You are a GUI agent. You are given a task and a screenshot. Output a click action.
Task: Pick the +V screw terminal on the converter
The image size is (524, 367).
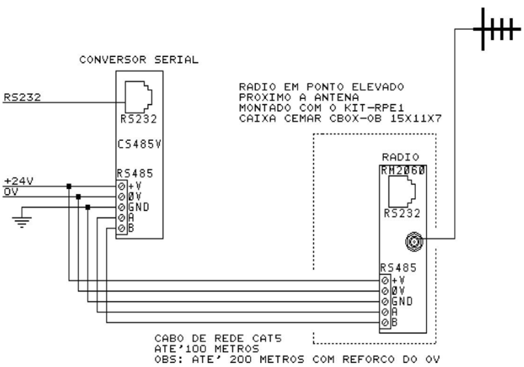pos(120,186)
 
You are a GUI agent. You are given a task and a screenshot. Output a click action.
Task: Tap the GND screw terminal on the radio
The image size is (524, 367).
pos(385,301)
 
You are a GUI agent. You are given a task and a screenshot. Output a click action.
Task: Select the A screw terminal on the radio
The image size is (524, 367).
pos(385,311)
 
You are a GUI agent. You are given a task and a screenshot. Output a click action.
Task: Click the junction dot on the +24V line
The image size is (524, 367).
pos(68,185)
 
